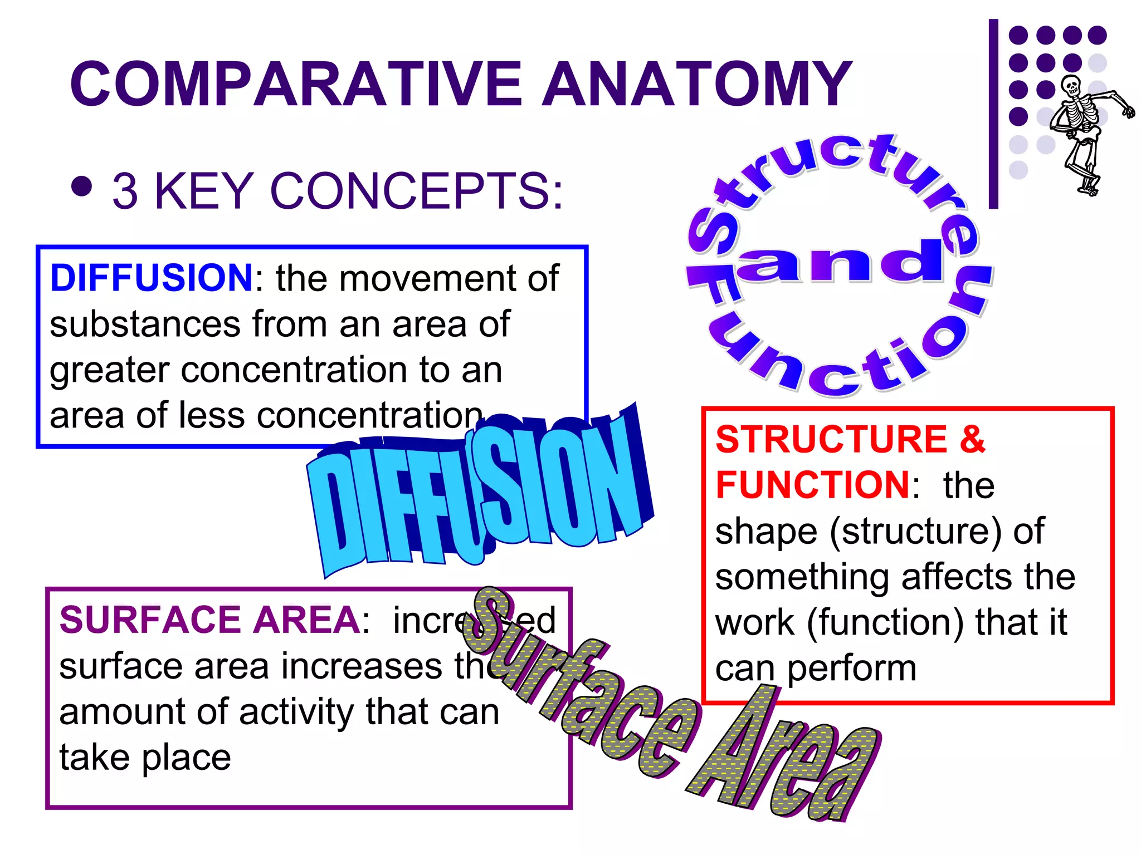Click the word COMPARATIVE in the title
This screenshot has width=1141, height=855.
pyautogui.click(x=295, y=85)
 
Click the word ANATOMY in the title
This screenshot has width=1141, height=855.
pyautogui.click(x=696, y=85)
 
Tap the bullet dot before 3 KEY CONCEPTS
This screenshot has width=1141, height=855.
pyautogui.click(x=82, y=187)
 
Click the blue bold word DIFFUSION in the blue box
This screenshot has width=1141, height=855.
pyautogui.click(x=152, y=278)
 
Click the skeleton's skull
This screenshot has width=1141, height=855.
pyautogui.click(x=1070, y=86)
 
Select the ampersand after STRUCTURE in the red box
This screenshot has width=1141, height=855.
pyautogui.click(x=972, y=439)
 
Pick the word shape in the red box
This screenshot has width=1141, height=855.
pyautogui.click(x=766, y=532)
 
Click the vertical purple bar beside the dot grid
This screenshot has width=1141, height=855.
pyautogui.click(x=993, y=114)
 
